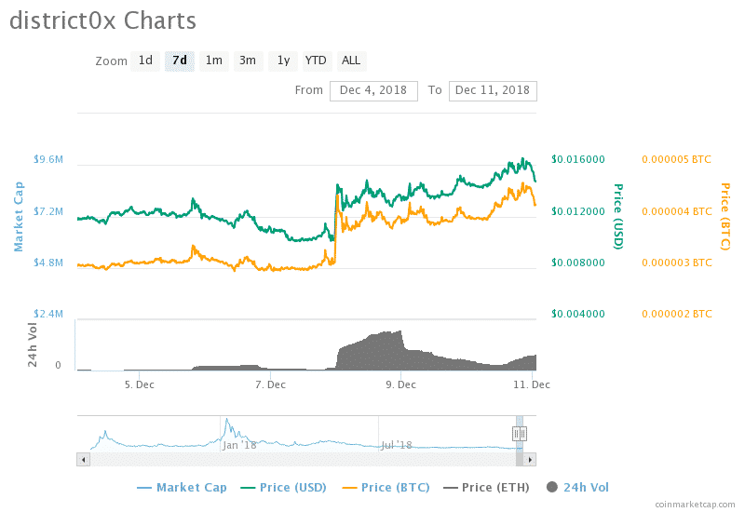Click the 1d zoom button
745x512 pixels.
tap(145, 61)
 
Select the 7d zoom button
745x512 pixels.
tap(180, 61)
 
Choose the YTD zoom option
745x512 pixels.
tap(316, 61)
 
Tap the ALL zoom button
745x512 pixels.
tap(351, 61)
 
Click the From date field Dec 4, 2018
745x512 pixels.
tap(373, 90)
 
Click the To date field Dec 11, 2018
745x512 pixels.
tap(493, 90)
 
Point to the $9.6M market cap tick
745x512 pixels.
tap(48, 160)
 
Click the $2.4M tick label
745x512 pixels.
tap(48, 314)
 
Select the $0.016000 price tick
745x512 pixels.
tap(578, 160)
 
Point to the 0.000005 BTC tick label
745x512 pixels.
tap(677, 160)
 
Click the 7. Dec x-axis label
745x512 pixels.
tap(270, 384)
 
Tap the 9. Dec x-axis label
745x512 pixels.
tap(400, 384)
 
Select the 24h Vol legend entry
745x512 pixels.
tap(577, 487)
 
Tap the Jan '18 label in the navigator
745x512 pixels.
tap(239, 445)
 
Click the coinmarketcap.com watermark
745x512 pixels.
tap(694, 504)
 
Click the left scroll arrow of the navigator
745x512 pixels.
tap(83, 459)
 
